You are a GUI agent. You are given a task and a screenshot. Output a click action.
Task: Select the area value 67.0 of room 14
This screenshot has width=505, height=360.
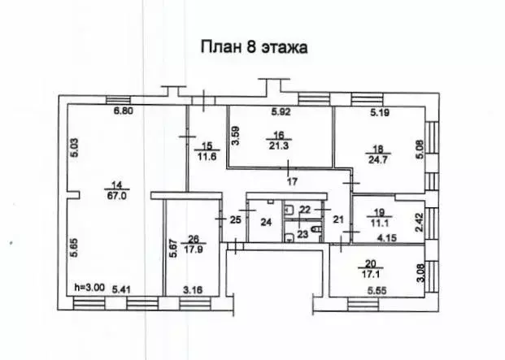[123, 194]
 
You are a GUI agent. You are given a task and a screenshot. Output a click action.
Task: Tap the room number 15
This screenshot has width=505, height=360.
[205, 145]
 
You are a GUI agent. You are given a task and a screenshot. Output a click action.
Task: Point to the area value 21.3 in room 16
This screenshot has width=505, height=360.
[279, 146]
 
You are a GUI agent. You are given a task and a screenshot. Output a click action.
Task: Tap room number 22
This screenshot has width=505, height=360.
[304, 210]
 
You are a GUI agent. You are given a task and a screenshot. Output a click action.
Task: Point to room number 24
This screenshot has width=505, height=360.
[265, 222]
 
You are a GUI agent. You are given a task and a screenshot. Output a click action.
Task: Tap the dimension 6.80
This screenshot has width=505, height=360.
[123, 111]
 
